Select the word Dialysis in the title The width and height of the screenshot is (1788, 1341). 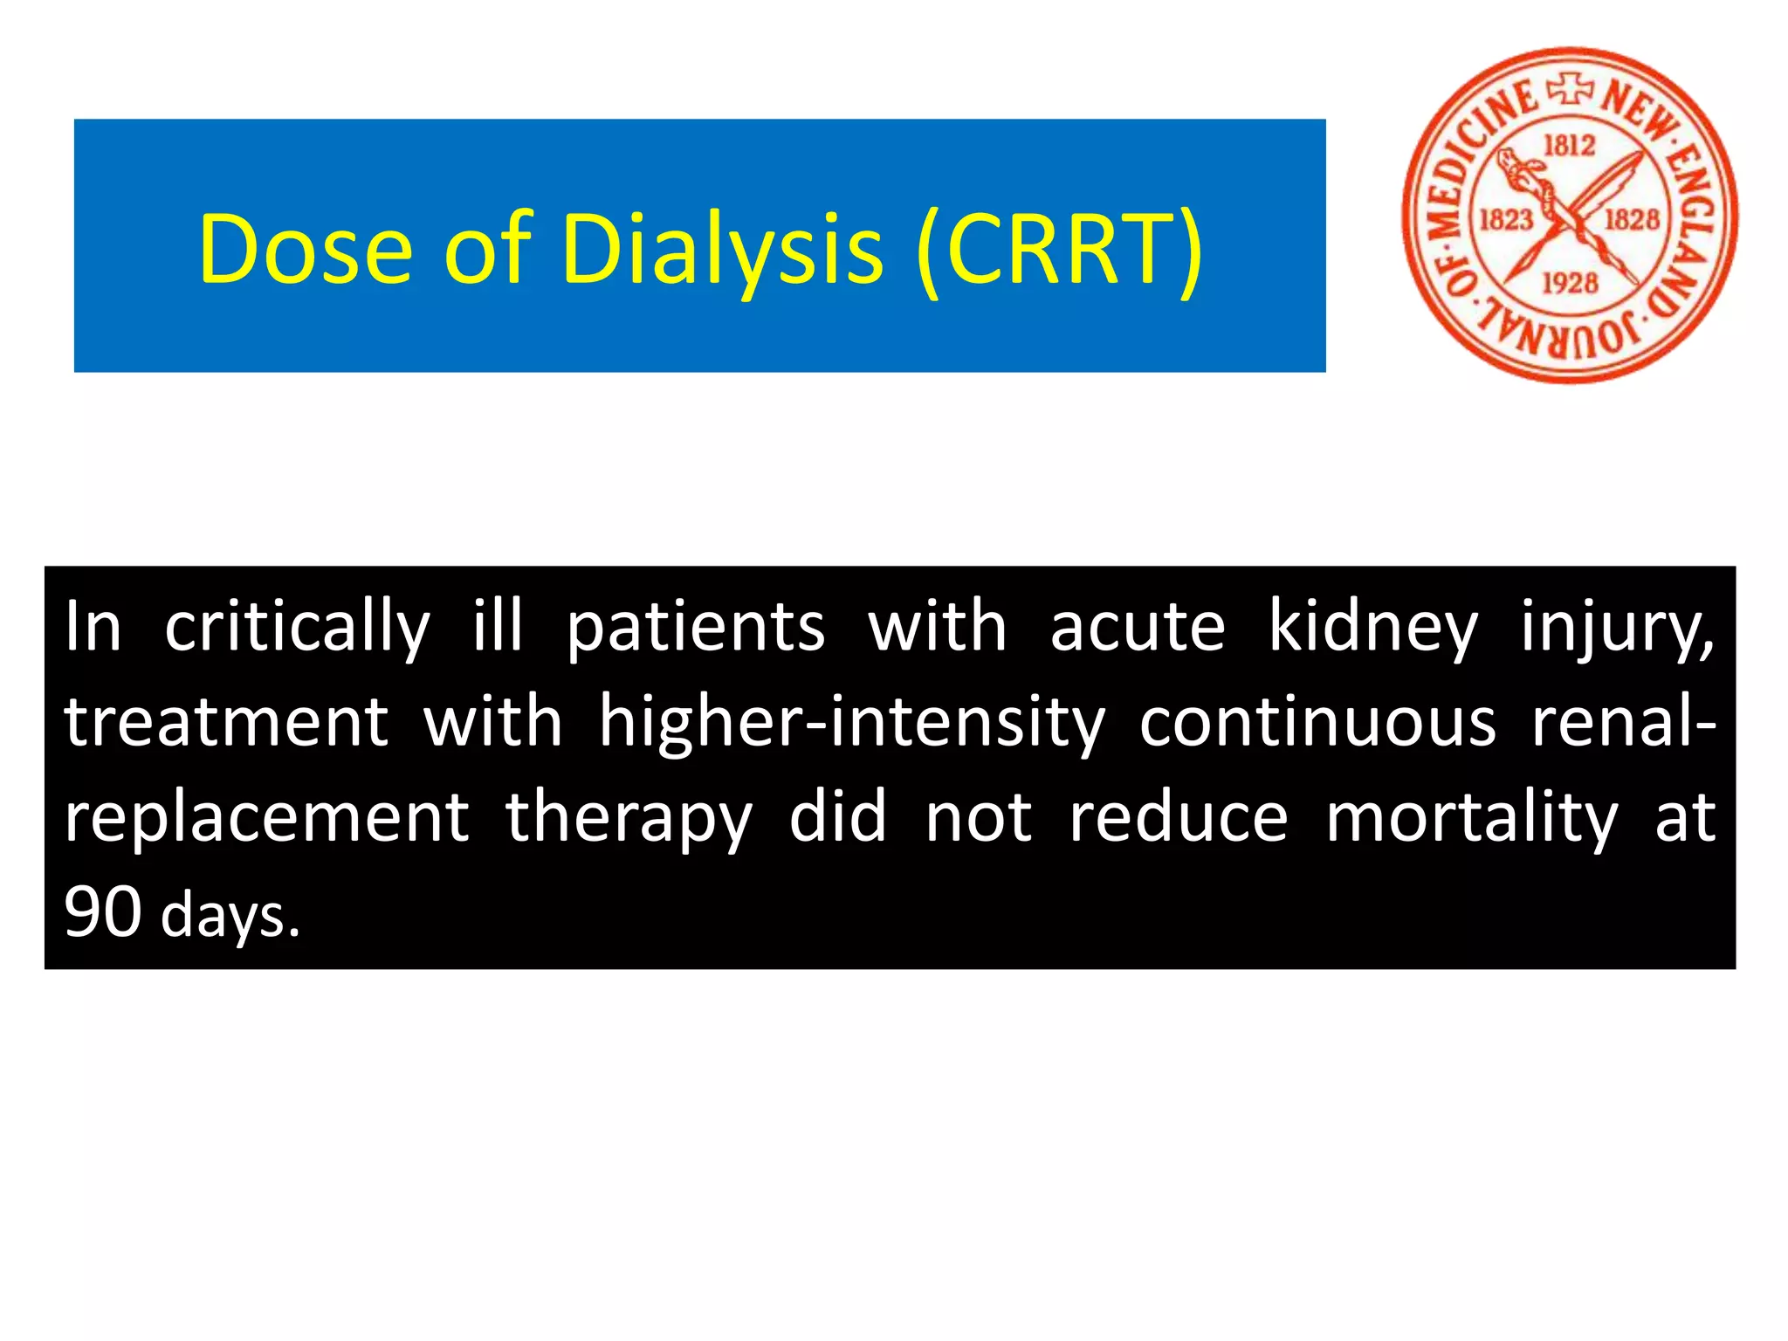(x=723, y=251)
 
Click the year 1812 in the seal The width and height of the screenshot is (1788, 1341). (x=1569, y=145)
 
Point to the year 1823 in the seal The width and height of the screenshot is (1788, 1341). (x=1505, y=218)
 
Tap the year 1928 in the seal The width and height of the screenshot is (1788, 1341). (x=1569, y=283)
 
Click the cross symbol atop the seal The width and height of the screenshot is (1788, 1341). (x=1571, y=89)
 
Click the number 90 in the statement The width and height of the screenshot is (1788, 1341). (x=102, y=913)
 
